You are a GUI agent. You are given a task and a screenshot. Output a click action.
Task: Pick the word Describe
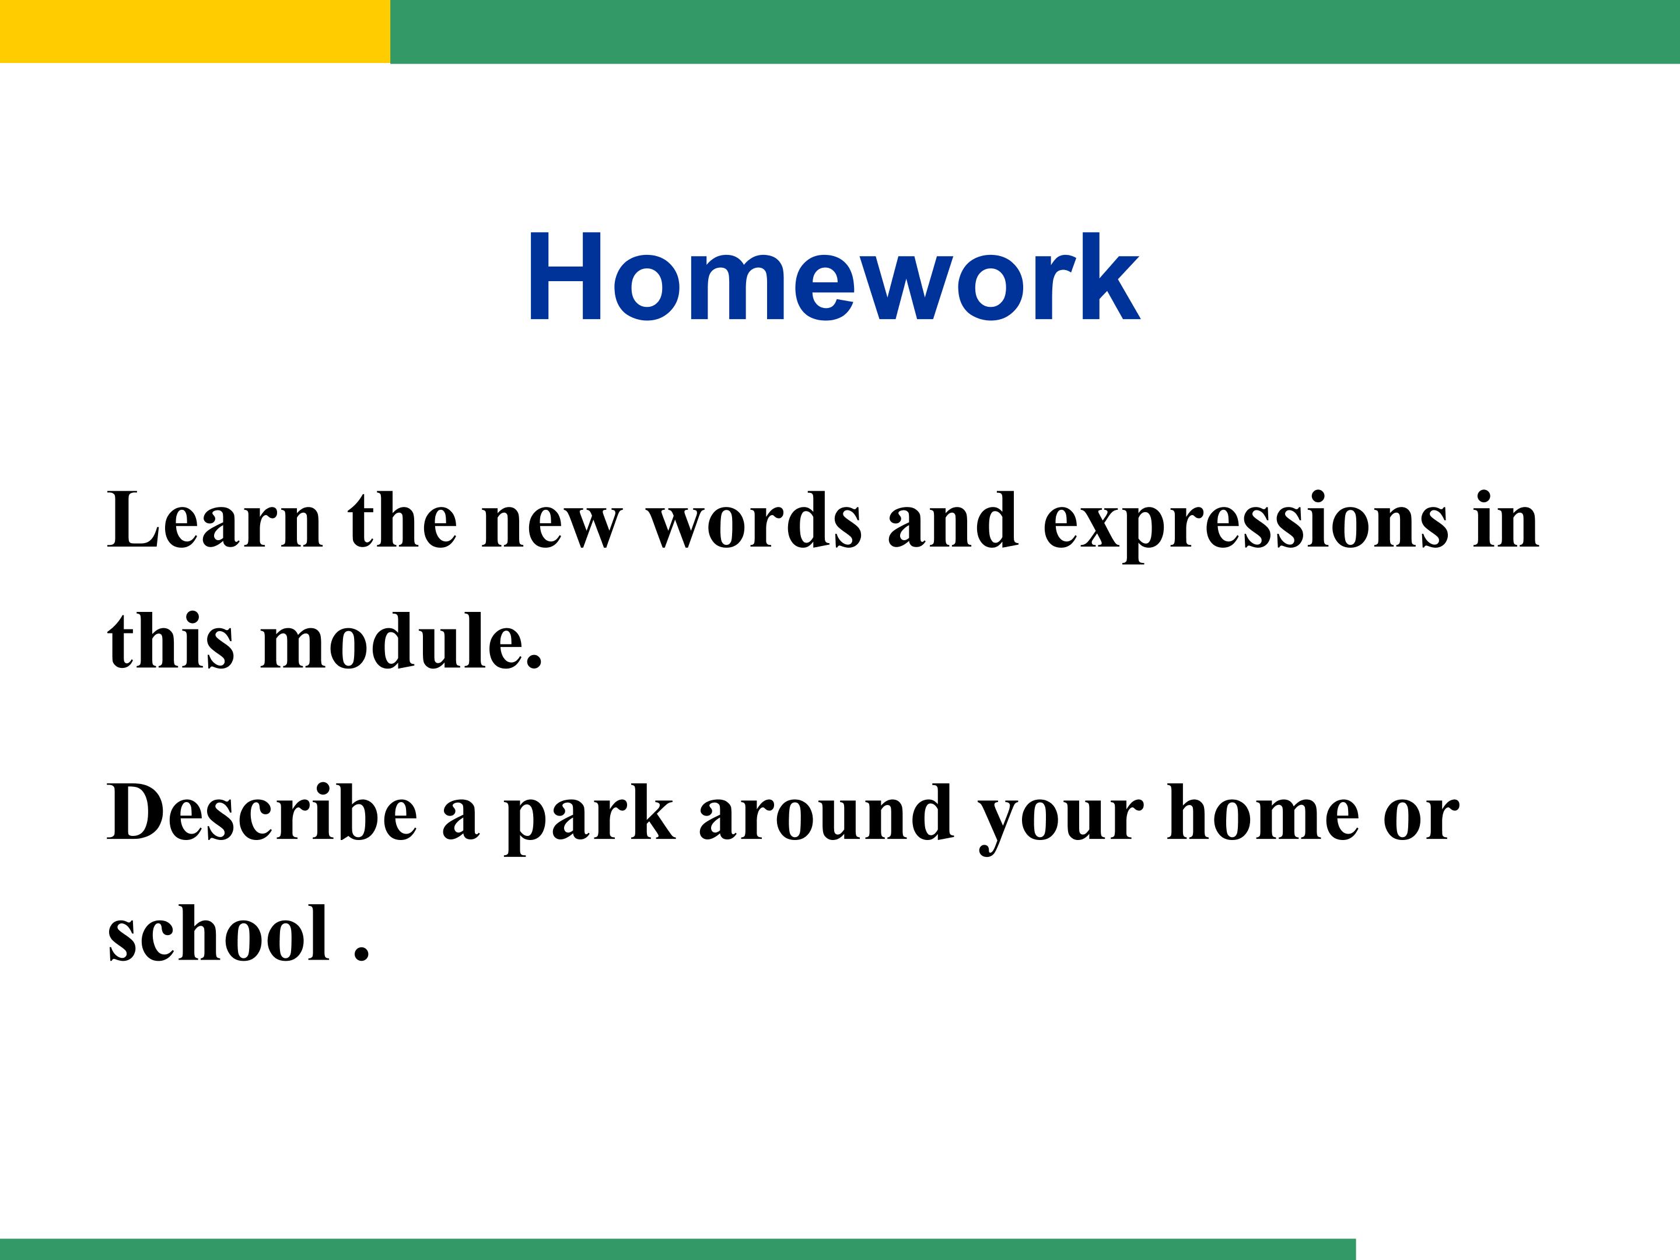(262, 813)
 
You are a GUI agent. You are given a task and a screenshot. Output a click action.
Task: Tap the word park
(589, 819)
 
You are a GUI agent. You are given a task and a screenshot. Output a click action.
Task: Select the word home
(1263, 813)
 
